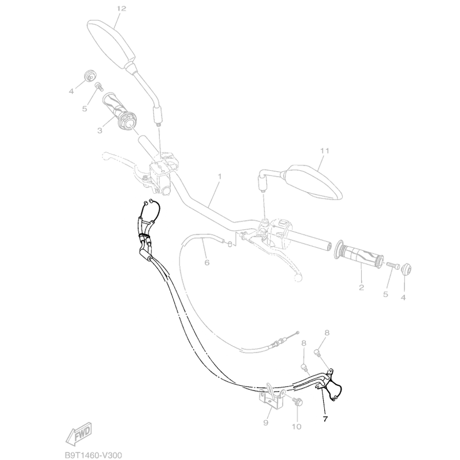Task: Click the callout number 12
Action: (121, 9)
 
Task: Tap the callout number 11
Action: (324, 151)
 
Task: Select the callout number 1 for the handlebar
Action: (220, 177)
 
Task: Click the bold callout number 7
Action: (325, 419)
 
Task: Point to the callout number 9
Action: (266, 423)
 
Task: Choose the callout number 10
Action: (297, 426)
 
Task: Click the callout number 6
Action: (207, 262)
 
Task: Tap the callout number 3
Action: (99, 131)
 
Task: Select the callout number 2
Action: (362, 287)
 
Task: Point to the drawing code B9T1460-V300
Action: (93, 455)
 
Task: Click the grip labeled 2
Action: (359, 254)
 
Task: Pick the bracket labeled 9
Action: (271, 398)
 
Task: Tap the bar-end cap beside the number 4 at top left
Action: (90, 75)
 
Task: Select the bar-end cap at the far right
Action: (406, 269)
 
